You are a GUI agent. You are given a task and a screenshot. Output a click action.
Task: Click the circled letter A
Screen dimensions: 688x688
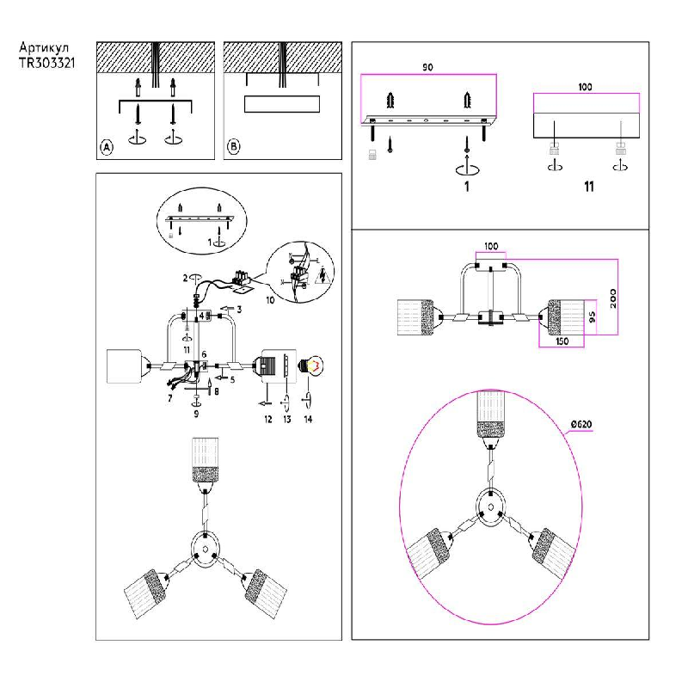click(x=107, y=147)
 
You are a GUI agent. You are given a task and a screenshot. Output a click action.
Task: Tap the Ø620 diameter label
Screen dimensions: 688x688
click(x=582, y=424)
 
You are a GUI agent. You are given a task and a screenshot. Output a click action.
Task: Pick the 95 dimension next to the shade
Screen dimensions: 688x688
click(x=592, y=317)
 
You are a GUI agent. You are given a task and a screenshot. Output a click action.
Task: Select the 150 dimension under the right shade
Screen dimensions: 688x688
click(x=561, y=342)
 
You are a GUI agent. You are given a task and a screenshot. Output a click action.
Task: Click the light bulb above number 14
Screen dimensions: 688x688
click(x=310, y=365)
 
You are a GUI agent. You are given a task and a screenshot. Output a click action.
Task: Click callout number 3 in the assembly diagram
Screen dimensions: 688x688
click(x=240, y=308)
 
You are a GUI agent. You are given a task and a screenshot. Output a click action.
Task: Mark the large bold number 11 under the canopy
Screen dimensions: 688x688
click(x=587, y=186)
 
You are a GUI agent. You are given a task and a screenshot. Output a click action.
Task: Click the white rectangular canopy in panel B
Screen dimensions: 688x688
click(x=282, y=105)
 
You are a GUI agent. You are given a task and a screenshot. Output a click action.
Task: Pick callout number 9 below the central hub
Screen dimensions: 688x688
click(x=197, y=414)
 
